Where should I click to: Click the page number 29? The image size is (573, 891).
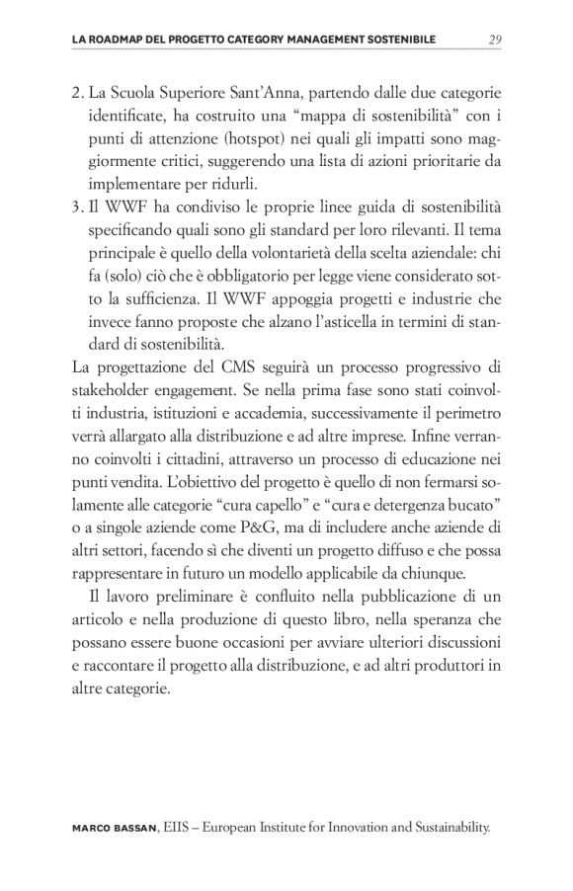click(495, 40)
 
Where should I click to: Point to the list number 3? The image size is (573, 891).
click(78, 204)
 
